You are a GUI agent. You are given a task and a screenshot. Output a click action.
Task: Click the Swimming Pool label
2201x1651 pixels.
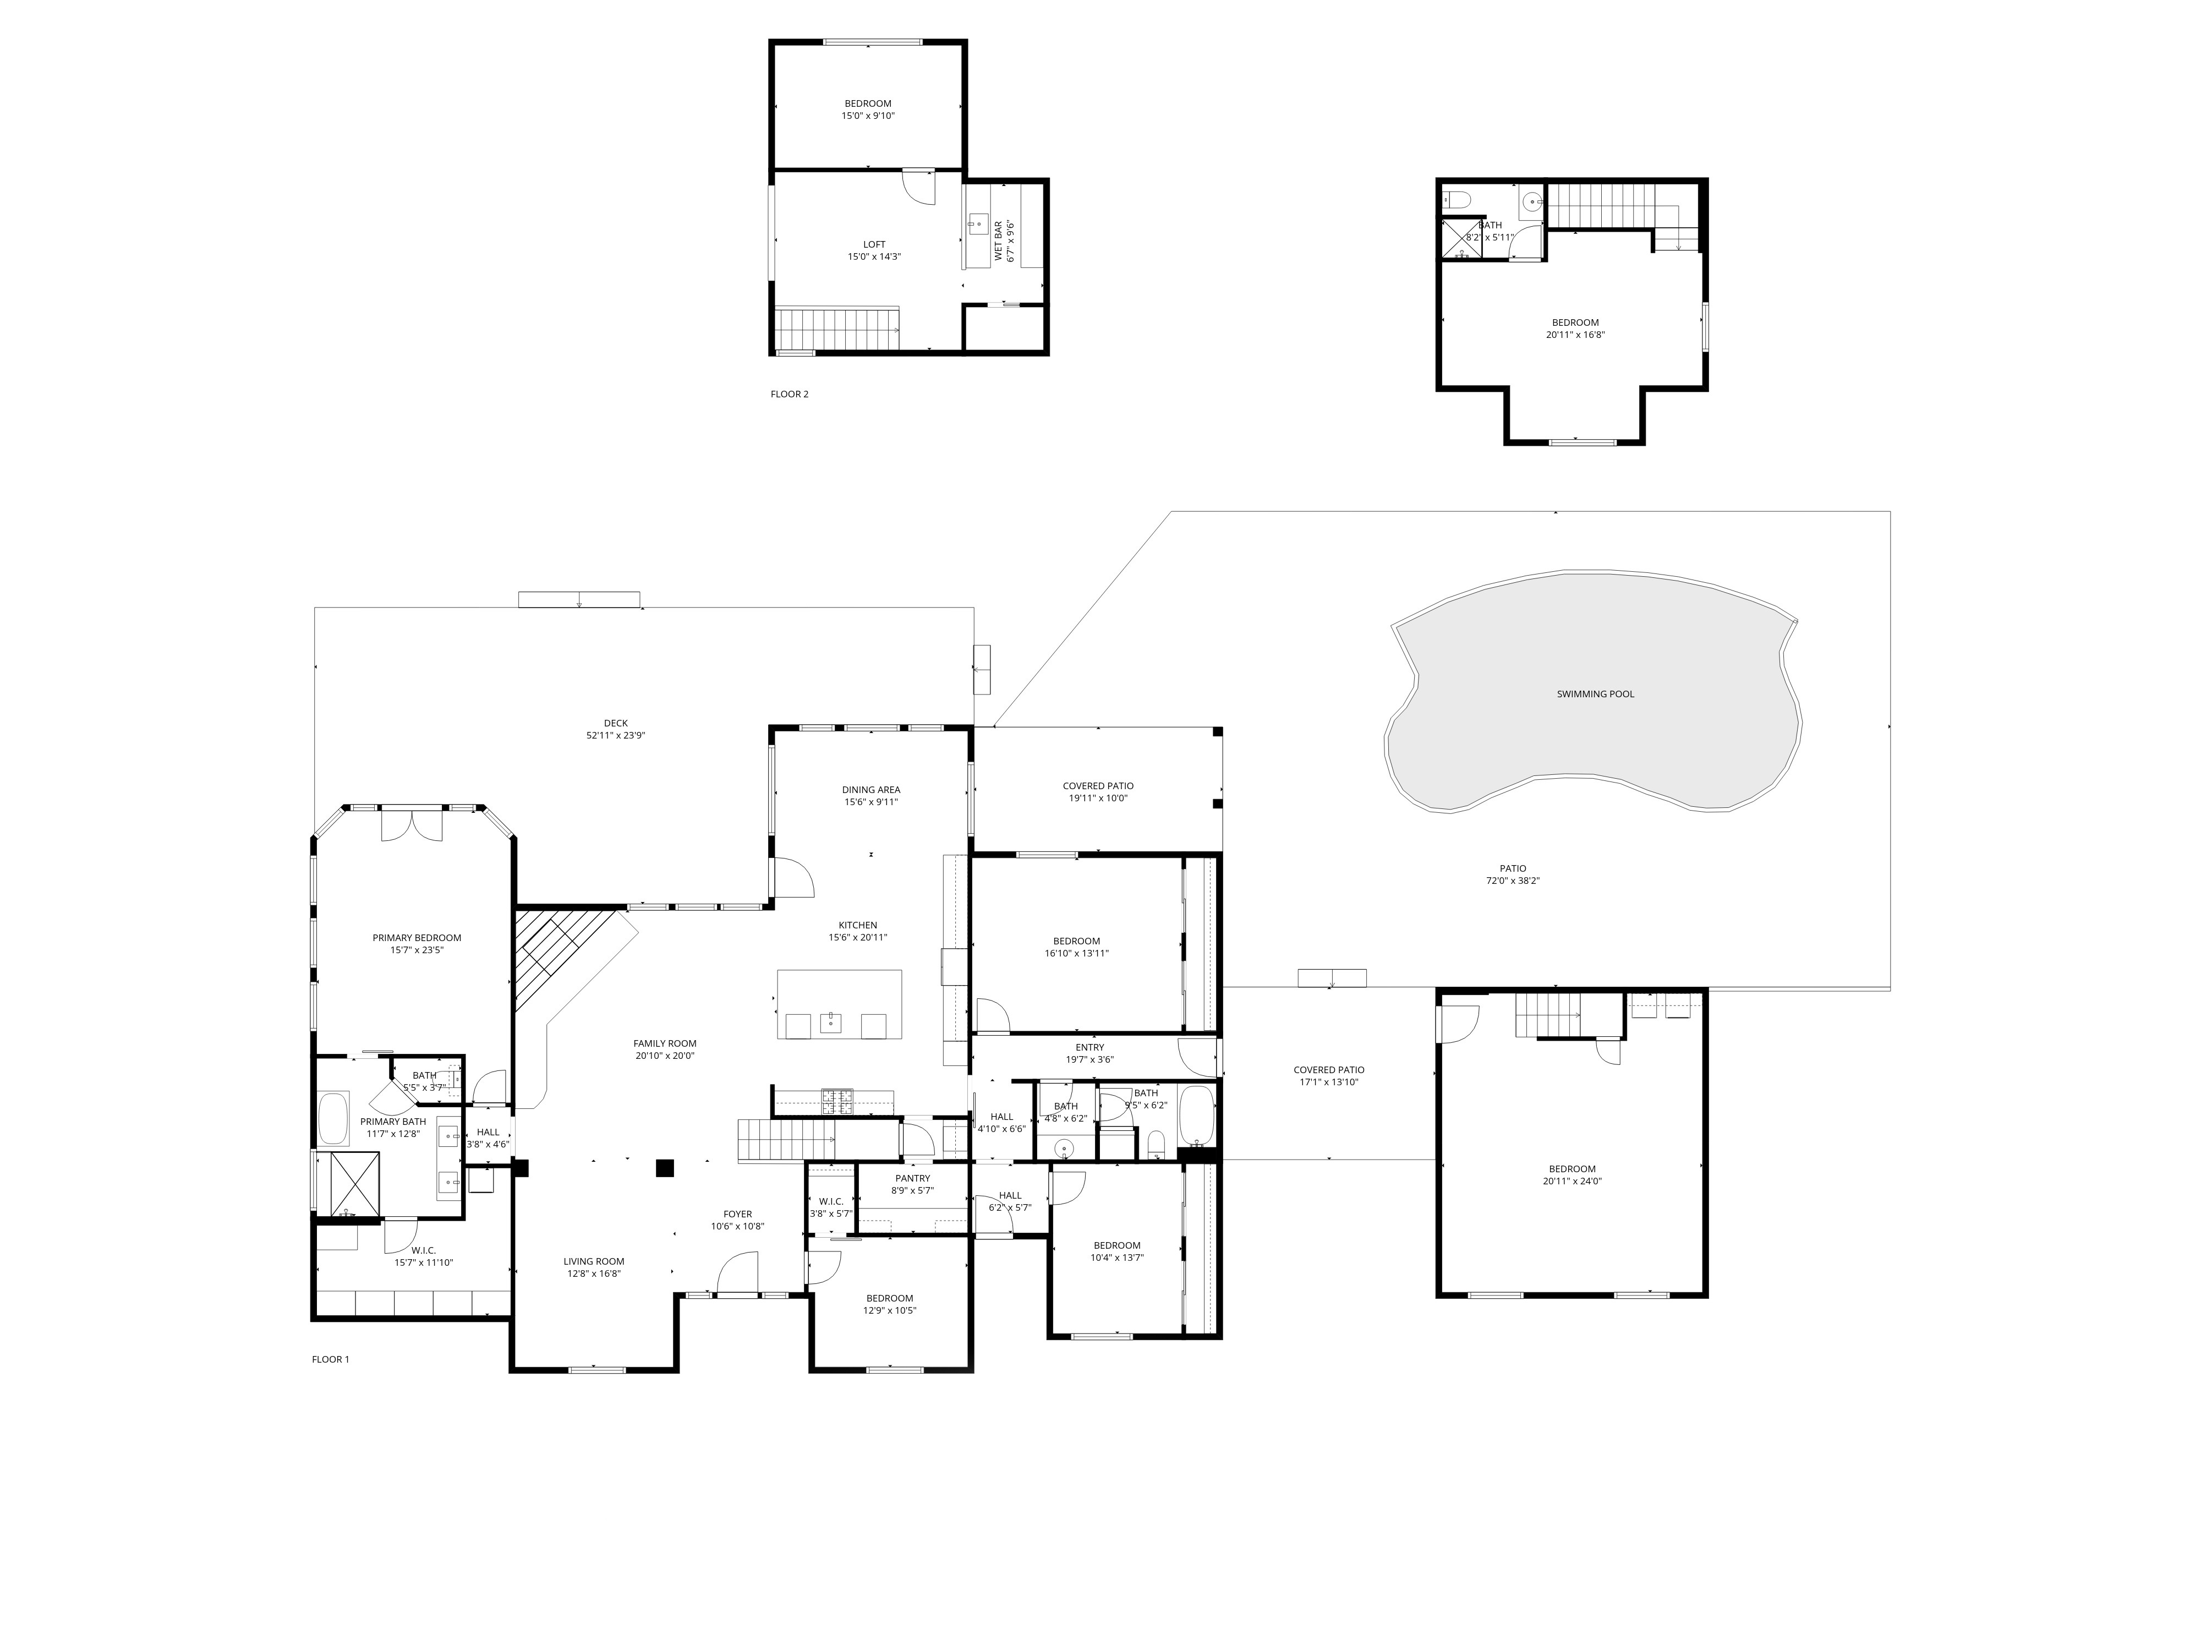(x=1595, y=693)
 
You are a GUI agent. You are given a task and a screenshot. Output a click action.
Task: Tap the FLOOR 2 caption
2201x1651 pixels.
(x=789, y=394)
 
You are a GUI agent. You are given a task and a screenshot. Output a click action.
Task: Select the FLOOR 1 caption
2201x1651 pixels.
(x=330, y=1359)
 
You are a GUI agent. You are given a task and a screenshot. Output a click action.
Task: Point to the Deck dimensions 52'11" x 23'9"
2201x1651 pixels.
(x=616, y=735)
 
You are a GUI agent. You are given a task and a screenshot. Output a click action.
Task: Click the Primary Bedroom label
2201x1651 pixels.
(x=417, y=937)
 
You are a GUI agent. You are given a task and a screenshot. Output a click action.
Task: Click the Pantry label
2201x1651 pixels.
(x=912, y=1178)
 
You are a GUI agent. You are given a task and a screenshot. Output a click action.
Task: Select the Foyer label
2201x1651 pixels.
(x=737, y=1214)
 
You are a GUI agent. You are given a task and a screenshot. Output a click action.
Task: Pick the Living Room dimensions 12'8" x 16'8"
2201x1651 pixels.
(x=594, y=1274)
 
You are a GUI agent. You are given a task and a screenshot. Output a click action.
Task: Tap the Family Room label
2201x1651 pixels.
(x=665, y=1044)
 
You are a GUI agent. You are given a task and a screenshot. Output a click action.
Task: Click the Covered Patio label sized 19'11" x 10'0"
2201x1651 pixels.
(x=1098, y=786)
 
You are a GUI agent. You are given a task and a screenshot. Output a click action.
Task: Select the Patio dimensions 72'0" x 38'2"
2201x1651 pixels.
(x=1513, y=881)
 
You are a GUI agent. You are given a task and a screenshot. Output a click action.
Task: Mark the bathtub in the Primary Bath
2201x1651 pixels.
(x=333, y=1119)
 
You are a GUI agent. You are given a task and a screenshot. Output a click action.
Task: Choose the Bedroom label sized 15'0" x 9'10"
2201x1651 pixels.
(x=868, y=103)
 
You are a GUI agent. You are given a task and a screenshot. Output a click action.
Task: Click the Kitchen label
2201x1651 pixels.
(x=858, y=926)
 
